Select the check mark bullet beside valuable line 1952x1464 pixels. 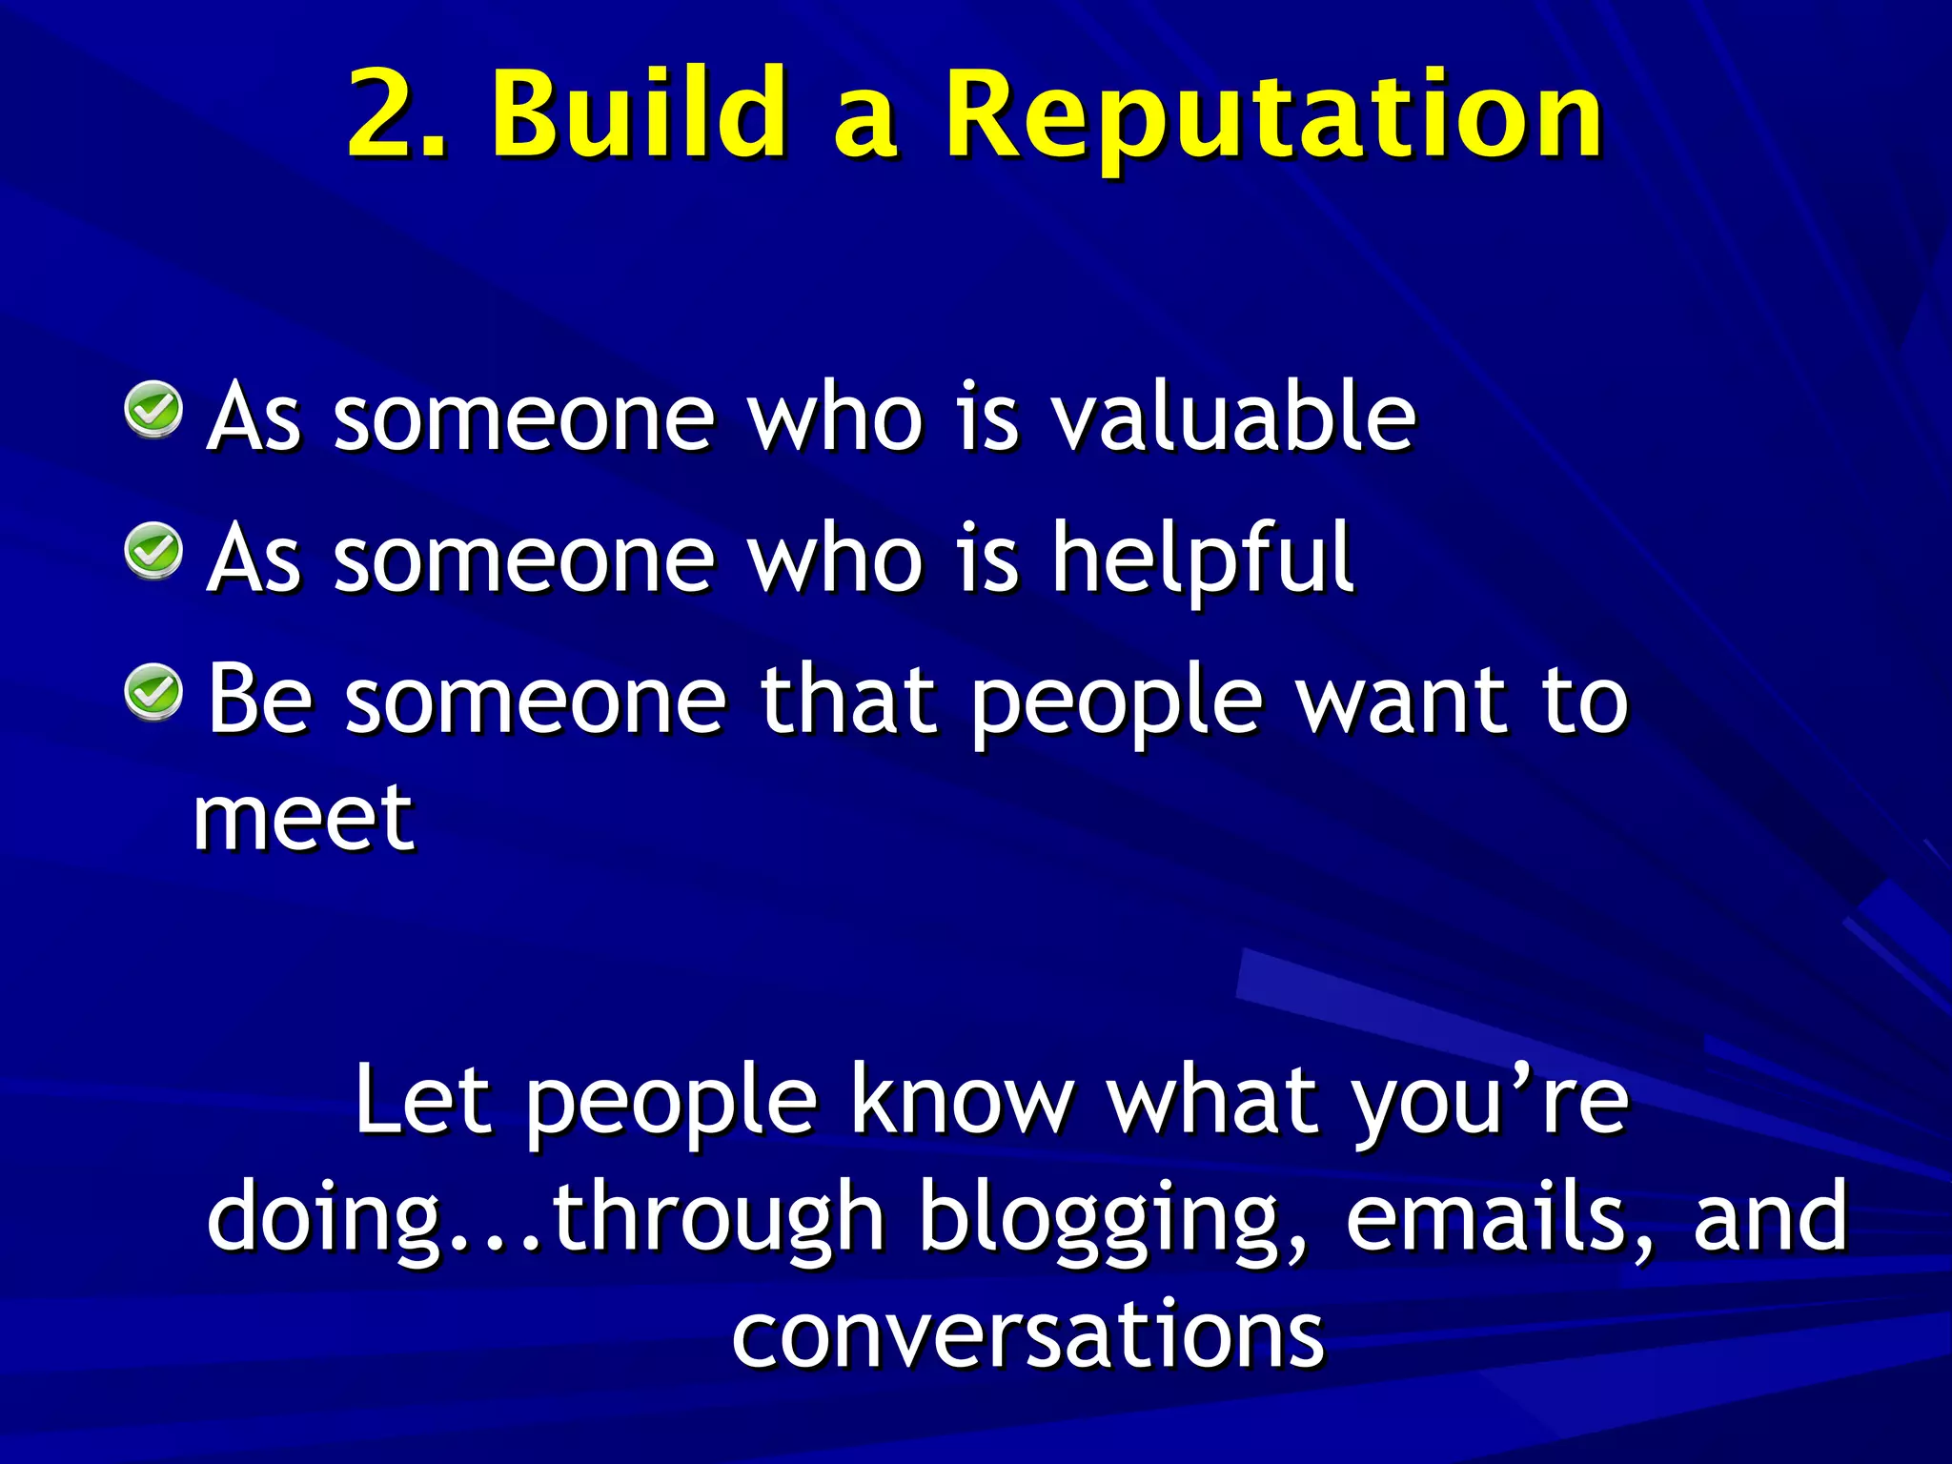(153, 410)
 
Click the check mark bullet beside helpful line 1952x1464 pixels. (153, 551)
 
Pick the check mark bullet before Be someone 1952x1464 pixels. (153, 692)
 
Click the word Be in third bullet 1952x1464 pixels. (259, 700)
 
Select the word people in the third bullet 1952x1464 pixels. (1116, 705)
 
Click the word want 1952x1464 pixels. (1405, 701)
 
